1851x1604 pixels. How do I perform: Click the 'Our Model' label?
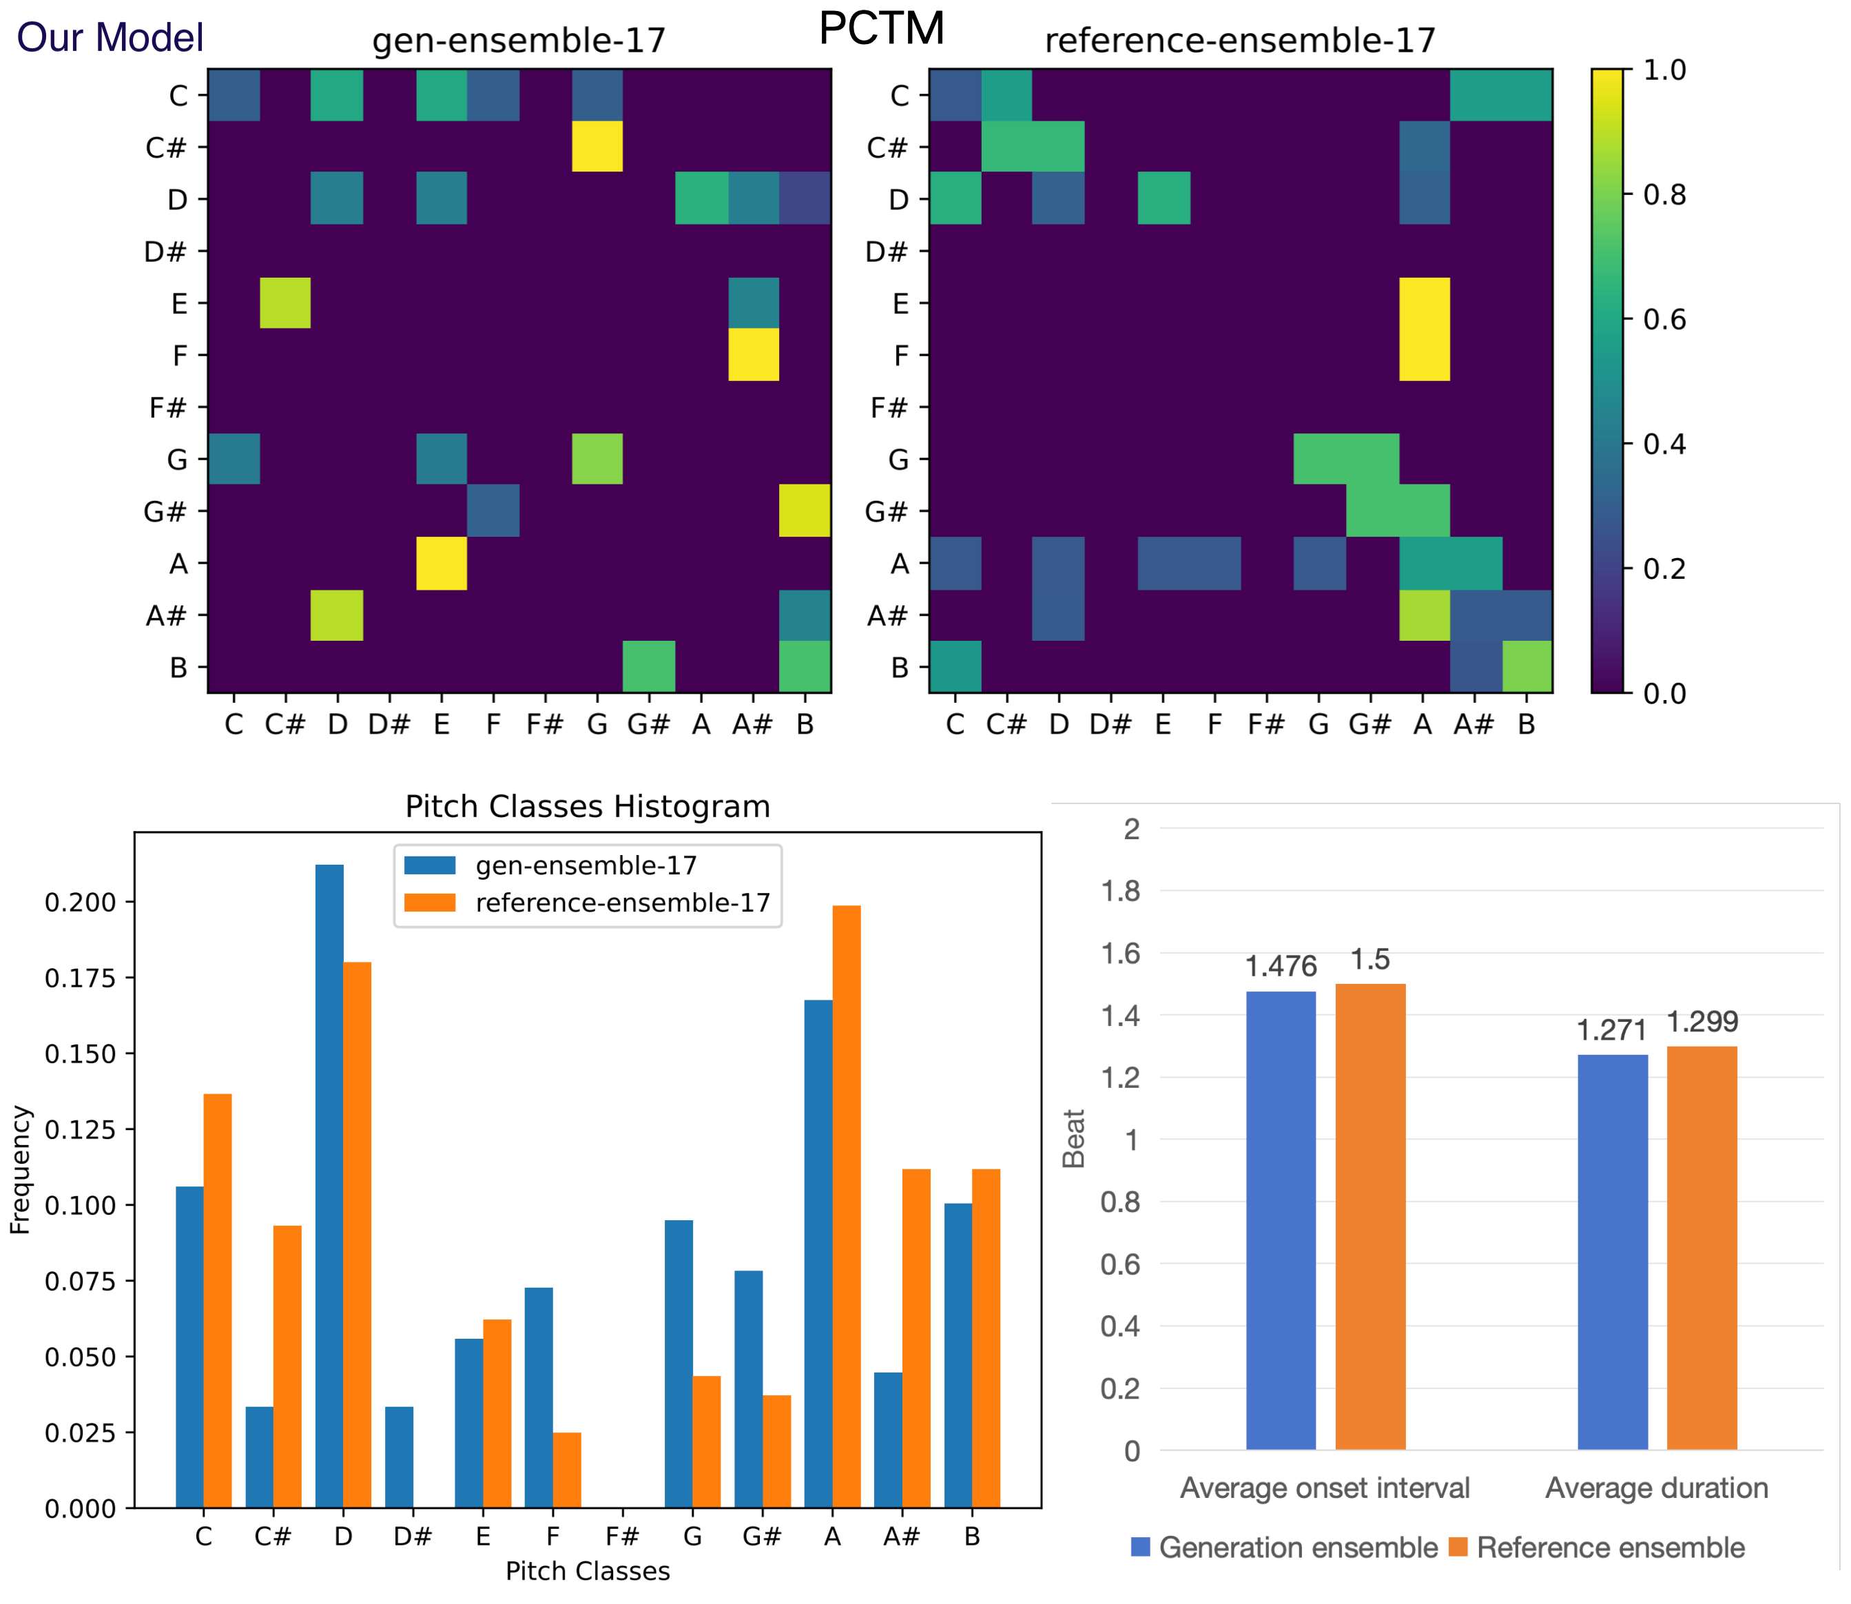click(x=110, y=38)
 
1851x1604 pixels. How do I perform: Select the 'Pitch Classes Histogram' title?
click(x=587, y=806)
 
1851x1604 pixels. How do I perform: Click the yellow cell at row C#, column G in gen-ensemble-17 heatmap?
click(x=597, y=146)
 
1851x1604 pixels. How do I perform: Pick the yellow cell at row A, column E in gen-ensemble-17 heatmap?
click(x=442, y=563)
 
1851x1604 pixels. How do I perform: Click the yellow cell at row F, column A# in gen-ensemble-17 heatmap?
click(x=753, y=354)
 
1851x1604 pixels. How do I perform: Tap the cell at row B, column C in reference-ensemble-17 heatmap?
click(x=955, y=666)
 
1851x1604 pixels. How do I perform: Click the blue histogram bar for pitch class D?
click(x=329, y=1186)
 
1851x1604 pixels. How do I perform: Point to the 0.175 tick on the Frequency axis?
click(x=81, y=978)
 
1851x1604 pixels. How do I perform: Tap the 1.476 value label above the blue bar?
click(x=1281, y=966)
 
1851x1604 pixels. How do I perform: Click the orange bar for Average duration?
click(x=1702, y=1248)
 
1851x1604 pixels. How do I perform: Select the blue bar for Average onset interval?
click(x=1281, y=1221)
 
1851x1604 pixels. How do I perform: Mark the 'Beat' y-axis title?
click(x=1073, y=1138)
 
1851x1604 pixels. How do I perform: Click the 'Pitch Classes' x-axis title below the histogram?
click(x=587, y=1571)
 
